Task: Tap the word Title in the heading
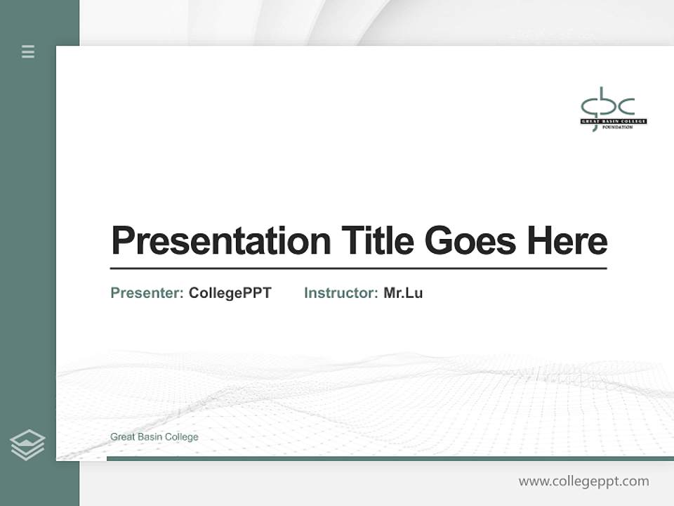[377, 241]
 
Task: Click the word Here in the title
[567, 241]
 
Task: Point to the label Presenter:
[147, 293]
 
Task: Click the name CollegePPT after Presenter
[230, 293]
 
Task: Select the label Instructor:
[341, 293]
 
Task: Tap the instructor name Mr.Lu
[403, 293]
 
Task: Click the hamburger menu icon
[28, 51]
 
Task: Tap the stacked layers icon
[27, 445]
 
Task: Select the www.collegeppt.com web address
[583, 481]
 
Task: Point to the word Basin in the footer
[150, 437]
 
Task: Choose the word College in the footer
[182, 437]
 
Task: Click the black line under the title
[358, 268]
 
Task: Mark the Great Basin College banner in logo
[613, 122]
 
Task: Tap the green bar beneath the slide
[390, 459]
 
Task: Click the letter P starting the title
[122, 241]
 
